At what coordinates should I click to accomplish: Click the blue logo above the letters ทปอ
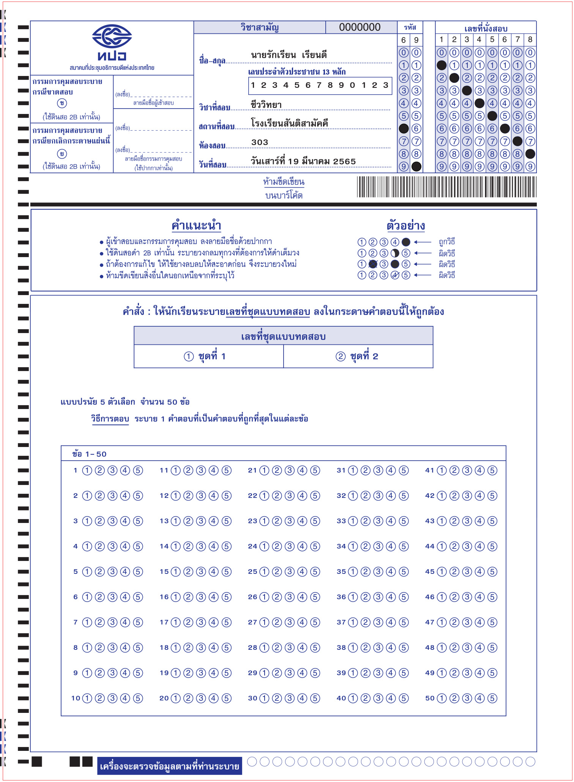point(112,36)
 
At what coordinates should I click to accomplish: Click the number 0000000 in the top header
point(360,27)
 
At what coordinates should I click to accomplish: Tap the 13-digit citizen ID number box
point(320,85)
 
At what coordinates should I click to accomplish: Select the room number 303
point(260,142)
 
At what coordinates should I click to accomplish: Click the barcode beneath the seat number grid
point(446,187)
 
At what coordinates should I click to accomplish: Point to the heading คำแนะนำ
point(196,226)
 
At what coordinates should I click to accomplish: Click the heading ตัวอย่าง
point(405,226)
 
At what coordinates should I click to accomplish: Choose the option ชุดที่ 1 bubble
point(189,356)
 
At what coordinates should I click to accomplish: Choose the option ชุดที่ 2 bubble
point(341,356)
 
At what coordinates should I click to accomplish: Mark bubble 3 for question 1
point(112,471)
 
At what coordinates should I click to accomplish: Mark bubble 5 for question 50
point(492,698)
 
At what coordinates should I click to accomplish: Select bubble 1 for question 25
point(264,572)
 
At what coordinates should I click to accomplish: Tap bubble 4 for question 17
point(214,622)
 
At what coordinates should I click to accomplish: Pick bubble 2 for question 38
point(366,648)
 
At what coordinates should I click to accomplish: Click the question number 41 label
point(429,471)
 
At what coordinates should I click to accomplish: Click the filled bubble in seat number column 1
point(442,65)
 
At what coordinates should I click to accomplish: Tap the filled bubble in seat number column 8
point(530,154)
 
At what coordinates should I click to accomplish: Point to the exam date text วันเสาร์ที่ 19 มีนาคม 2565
point(303,161)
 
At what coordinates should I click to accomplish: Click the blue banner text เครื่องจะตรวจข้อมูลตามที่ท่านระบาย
point(169,766)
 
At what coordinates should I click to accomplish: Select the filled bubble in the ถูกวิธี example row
point(406,242)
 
